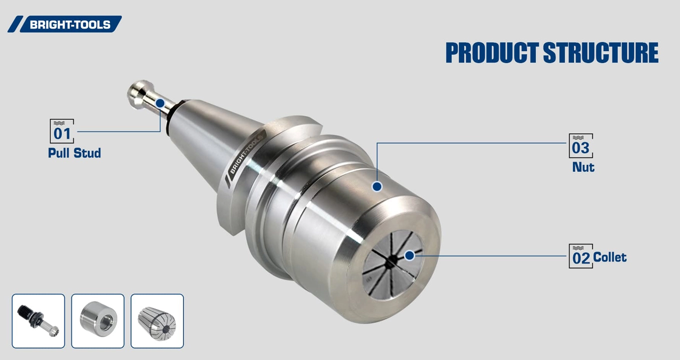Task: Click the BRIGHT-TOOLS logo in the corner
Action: pos(65,24)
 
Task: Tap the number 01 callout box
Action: pos(62,131)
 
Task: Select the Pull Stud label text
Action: pos(74,153)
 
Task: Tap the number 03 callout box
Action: pos(580,146)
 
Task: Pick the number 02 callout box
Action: pos(580,256)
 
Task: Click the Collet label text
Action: pos(609,257)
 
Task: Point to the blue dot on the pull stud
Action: pos(160,103)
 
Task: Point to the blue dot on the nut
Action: pos(377,186)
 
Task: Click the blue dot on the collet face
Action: pos(409,255)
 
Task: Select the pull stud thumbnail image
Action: pos(38,321)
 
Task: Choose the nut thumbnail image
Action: pos(98,321)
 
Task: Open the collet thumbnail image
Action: pos(157,321)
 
